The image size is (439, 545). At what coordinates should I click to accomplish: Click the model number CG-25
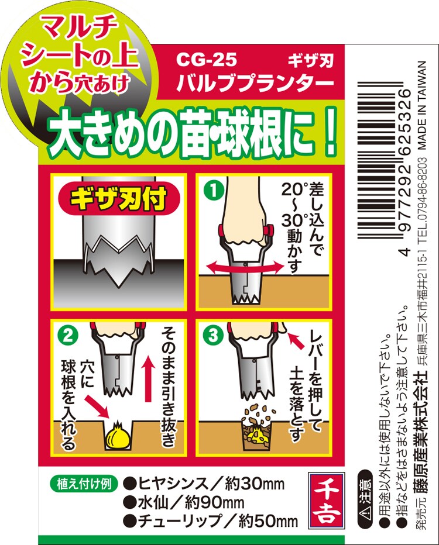(206, 60)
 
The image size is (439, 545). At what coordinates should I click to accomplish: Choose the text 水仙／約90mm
(187, 502)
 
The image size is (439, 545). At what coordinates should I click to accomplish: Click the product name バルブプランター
(255, 82)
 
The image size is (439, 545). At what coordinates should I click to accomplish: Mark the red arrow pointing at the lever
(296, 340)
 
